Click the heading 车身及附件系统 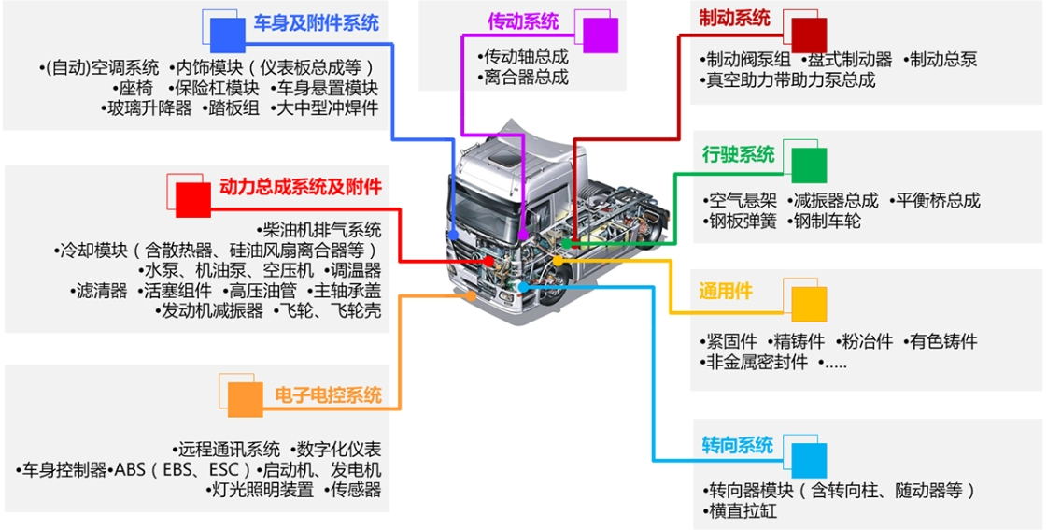click(x=316, y=24)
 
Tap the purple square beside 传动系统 click(x=601, y=36)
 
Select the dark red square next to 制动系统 click(x=809, y=36)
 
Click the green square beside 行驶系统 click(x=809, y=165)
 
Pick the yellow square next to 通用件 click(x=809, y=304)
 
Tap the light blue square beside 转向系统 click(x=809, y=461)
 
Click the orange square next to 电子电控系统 click(x=245, y=400)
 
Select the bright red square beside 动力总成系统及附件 click(x=193, y=200)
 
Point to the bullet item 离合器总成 click(x=523, y=78)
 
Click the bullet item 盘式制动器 click(x=847, y=60)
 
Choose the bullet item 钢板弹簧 click(x=740, y=221)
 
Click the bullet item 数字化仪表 click(x=336, y=449)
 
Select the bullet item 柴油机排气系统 click(x=318, y=230)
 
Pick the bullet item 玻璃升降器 click(x=147, y=107)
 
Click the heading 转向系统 click(x=737, y=445)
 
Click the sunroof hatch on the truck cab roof click(x=504, y=158)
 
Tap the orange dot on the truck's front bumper click(x=472, y=295)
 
